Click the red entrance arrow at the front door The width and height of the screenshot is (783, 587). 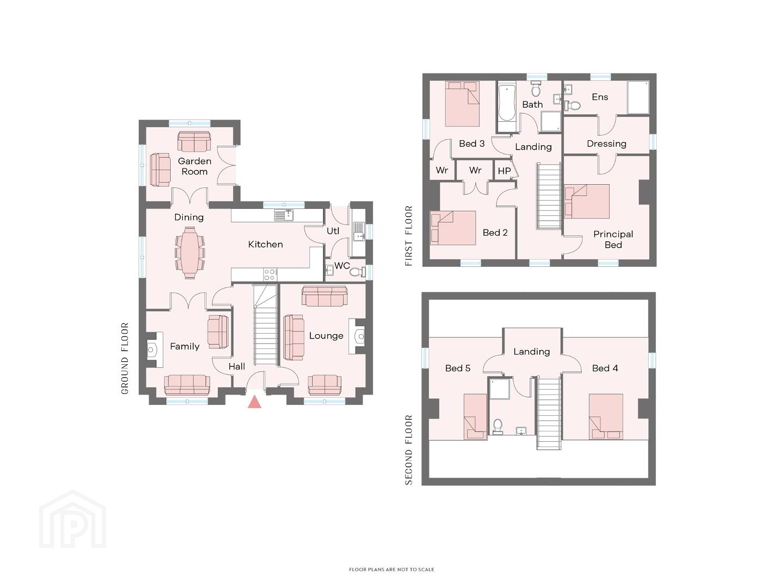[254, 402]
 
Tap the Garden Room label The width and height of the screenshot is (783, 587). [195, 166]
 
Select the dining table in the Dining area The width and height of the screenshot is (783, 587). [189, 252]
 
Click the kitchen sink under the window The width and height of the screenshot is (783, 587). [284, 215]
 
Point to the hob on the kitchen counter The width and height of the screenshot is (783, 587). [270, 274]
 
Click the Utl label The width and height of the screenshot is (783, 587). [333, 231]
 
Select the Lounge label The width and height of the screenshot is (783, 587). [326, 336]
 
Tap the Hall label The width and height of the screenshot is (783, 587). [237, 366]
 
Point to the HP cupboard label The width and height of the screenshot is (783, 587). [504, 171]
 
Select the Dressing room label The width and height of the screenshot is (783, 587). [606, 144]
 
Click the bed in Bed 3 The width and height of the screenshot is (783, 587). [462, 104]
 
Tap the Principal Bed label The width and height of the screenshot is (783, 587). [613, 240]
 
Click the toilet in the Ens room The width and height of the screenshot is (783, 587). [573, 105]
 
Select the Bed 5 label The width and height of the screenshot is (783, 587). [458, 368]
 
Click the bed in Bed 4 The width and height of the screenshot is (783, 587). [606, 416]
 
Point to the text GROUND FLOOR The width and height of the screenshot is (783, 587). [125, 358]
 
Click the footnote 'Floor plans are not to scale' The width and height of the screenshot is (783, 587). [391, 570]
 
